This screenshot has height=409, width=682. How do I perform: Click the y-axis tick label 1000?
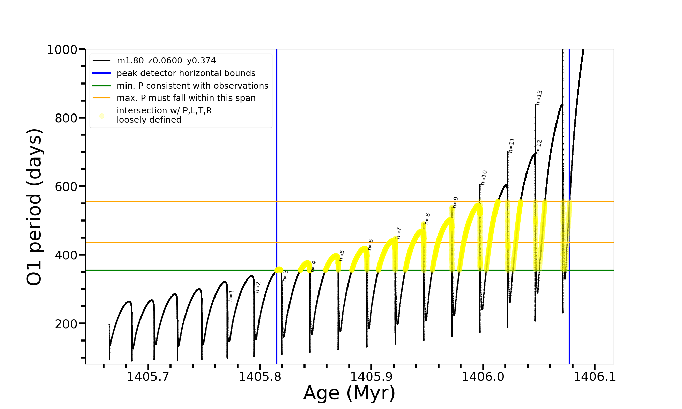(x=62, y=50)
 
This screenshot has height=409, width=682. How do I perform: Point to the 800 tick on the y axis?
(x=66, y=118)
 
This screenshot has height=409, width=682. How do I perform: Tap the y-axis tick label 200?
(x=66, y=324)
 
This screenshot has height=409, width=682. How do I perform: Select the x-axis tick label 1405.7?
(x=148, y=377)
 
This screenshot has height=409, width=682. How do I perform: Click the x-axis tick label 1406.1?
(x=594, y=377)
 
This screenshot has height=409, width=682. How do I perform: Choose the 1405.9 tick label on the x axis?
(x=371, y=377)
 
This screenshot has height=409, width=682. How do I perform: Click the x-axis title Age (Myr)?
(x=349, y=393)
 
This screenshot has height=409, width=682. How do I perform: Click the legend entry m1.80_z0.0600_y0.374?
(x=166, y=61)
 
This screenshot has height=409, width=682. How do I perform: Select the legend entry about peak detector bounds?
(x=186, y=73)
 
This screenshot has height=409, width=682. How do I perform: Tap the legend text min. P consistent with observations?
(x=192, y=86)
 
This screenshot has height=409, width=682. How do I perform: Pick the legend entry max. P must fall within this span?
(x=186, y=98)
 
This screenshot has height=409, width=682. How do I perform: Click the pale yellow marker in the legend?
(x=102, y=116)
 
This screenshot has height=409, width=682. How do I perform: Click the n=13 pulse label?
(x=539, y=97)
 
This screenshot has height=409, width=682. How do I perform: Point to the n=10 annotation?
(x=484, y=178)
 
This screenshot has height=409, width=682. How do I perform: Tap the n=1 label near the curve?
(x=231, y=296)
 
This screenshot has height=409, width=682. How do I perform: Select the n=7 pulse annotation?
(x=398, y=233)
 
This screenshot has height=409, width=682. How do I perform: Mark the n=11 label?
(x=512, y=145)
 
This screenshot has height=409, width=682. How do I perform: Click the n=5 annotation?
(x=342, y=255)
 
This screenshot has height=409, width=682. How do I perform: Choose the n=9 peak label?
(x=455, y=202)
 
